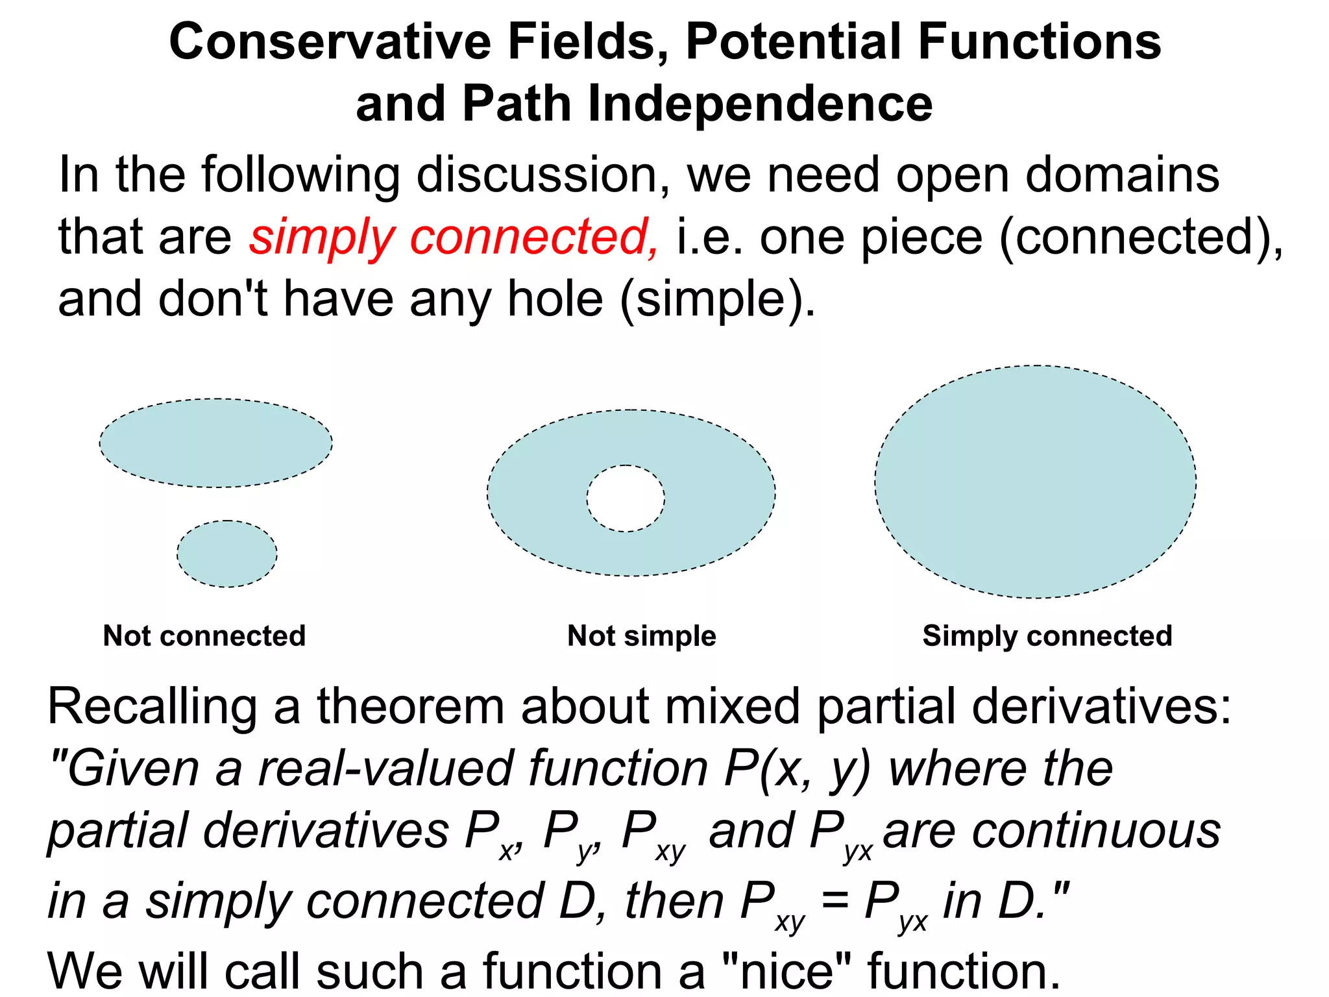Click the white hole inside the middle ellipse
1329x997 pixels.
[x=626, y=498]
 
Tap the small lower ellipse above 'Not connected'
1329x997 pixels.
[x=227, y=554]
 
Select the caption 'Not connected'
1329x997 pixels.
[x=204, y=636]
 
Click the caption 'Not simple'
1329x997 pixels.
[x=642, y=636]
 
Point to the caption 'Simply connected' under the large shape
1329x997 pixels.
[x=1047, y=636]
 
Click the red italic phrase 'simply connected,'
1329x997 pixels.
[x=454, y=237]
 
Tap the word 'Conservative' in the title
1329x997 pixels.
[x=330, y=42]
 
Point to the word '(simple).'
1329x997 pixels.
[x=718, y=299]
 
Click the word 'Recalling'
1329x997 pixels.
[x=152, y=706]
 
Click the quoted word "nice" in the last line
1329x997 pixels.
[x=786, y=970]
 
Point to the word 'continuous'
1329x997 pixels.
[x=1052, y=831]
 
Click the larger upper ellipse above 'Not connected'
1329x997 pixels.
[x=215, y=443]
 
